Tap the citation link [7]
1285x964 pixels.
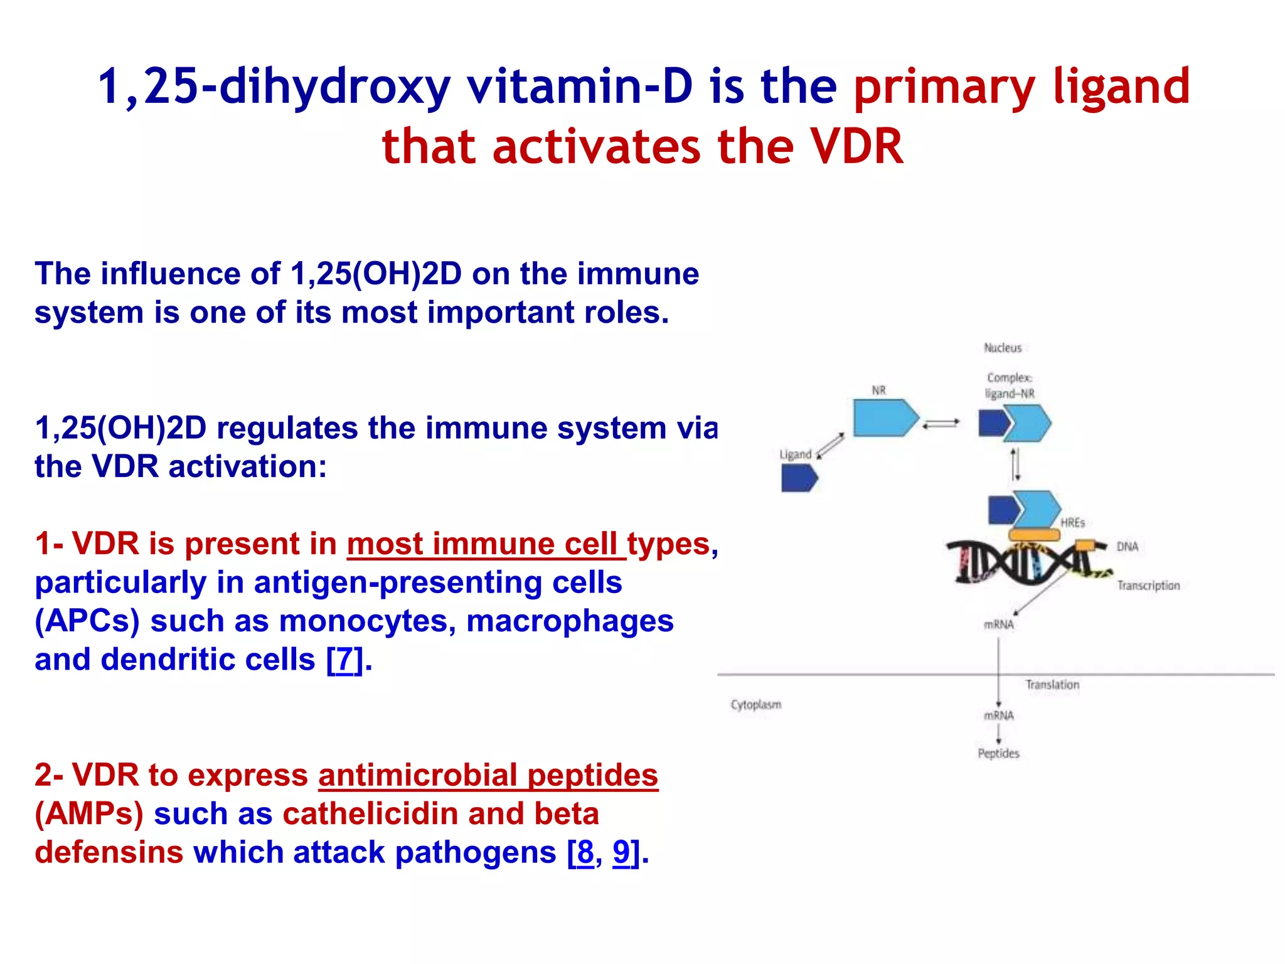click(344, 660)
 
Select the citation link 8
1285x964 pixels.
click(584, 852)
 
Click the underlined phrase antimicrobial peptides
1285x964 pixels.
click(488, 775)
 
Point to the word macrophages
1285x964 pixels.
click(570, 621)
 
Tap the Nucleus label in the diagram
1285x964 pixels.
click(1002, 348)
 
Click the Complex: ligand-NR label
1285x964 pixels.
click(1009, 385)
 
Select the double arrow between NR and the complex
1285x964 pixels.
click(941, 424)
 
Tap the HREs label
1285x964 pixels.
click(1072, 522)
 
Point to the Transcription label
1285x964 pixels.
click(1148, 586)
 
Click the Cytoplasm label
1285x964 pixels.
click(755, 705)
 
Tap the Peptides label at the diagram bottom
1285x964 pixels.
click(998, 753)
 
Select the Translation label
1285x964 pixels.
click(1052, 685)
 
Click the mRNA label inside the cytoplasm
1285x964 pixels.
click(998, 715)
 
